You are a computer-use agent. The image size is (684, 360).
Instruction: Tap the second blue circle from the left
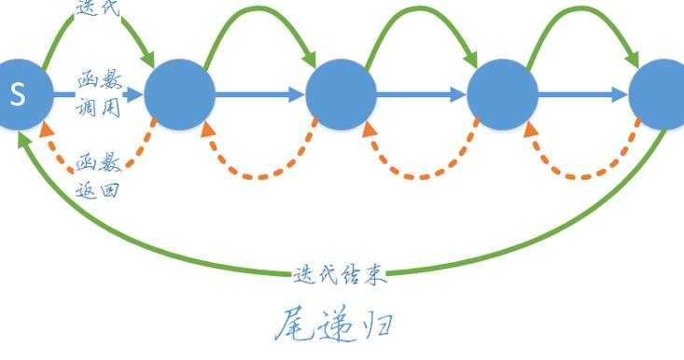point(180,94)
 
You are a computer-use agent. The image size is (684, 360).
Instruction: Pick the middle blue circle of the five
point(342,94)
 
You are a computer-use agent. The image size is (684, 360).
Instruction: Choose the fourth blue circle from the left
point(502,94)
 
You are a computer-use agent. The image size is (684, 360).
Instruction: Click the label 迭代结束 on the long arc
point(339,274)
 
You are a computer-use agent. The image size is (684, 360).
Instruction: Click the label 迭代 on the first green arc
point(97,7)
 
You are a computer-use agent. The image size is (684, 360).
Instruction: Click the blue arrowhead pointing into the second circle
point(135,94)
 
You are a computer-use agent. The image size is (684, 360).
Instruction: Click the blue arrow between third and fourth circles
point(422,94)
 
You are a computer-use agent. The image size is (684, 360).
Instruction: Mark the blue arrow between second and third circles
point(261,94)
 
